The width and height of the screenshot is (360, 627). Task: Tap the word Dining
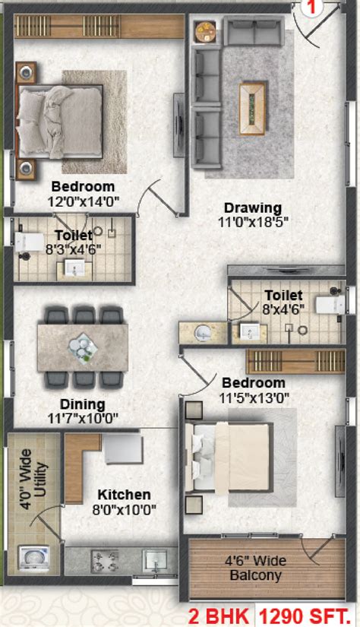[84, 404]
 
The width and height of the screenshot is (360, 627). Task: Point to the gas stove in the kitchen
[103, 563]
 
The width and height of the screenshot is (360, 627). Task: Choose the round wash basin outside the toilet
[203, 332]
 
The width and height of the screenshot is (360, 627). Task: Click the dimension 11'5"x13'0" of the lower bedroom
[253, 397]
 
